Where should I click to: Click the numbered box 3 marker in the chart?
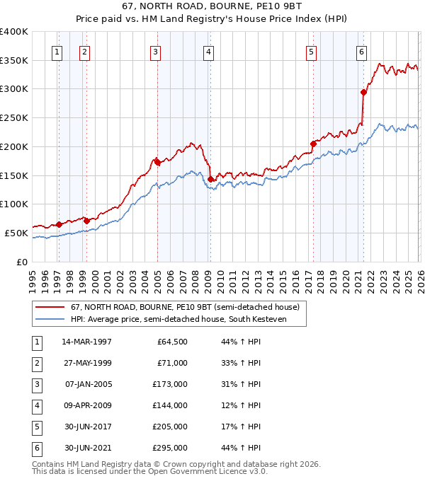155,51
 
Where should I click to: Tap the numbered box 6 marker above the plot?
361,51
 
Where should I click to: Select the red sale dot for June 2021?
363,91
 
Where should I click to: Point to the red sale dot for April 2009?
210,178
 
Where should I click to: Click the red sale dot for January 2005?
157,161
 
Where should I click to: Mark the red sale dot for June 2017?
313,143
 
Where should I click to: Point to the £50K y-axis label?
17,233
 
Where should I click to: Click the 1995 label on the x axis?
33,277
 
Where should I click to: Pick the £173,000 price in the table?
170,384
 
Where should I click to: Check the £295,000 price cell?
170,448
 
